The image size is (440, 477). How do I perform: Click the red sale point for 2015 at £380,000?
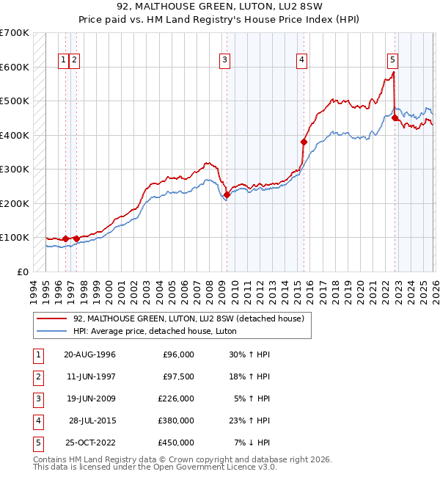click(x=303, y=142)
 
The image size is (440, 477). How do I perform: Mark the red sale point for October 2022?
click(x=395, y=117)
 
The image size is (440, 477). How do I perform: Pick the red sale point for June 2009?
click(x=227, y=194)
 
